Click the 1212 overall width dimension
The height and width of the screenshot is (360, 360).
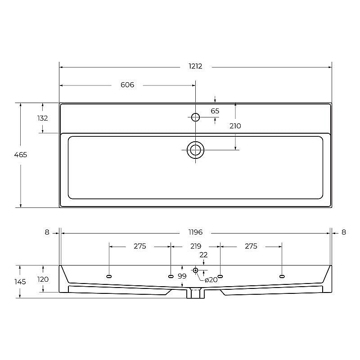click(x=195, y=66)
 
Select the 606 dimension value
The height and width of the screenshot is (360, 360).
click(x=127, y=85)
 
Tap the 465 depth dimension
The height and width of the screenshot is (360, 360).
click(x=21, y=155)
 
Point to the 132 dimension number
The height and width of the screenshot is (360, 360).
click(x=43, y=118)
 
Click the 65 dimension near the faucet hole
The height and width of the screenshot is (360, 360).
click(x=215, y=111)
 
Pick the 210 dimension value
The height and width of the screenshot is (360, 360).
click(x=235, y=126)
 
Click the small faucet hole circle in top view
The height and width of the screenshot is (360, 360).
click(x=196, y=117)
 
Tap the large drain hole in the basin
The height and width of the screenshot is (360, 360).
click(x=196, y=150)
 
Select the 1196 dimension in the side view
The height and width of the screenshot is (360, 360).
click(x=196, y=232)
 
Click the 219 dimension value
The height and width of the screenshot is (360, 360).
click(x=196, y=246)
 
